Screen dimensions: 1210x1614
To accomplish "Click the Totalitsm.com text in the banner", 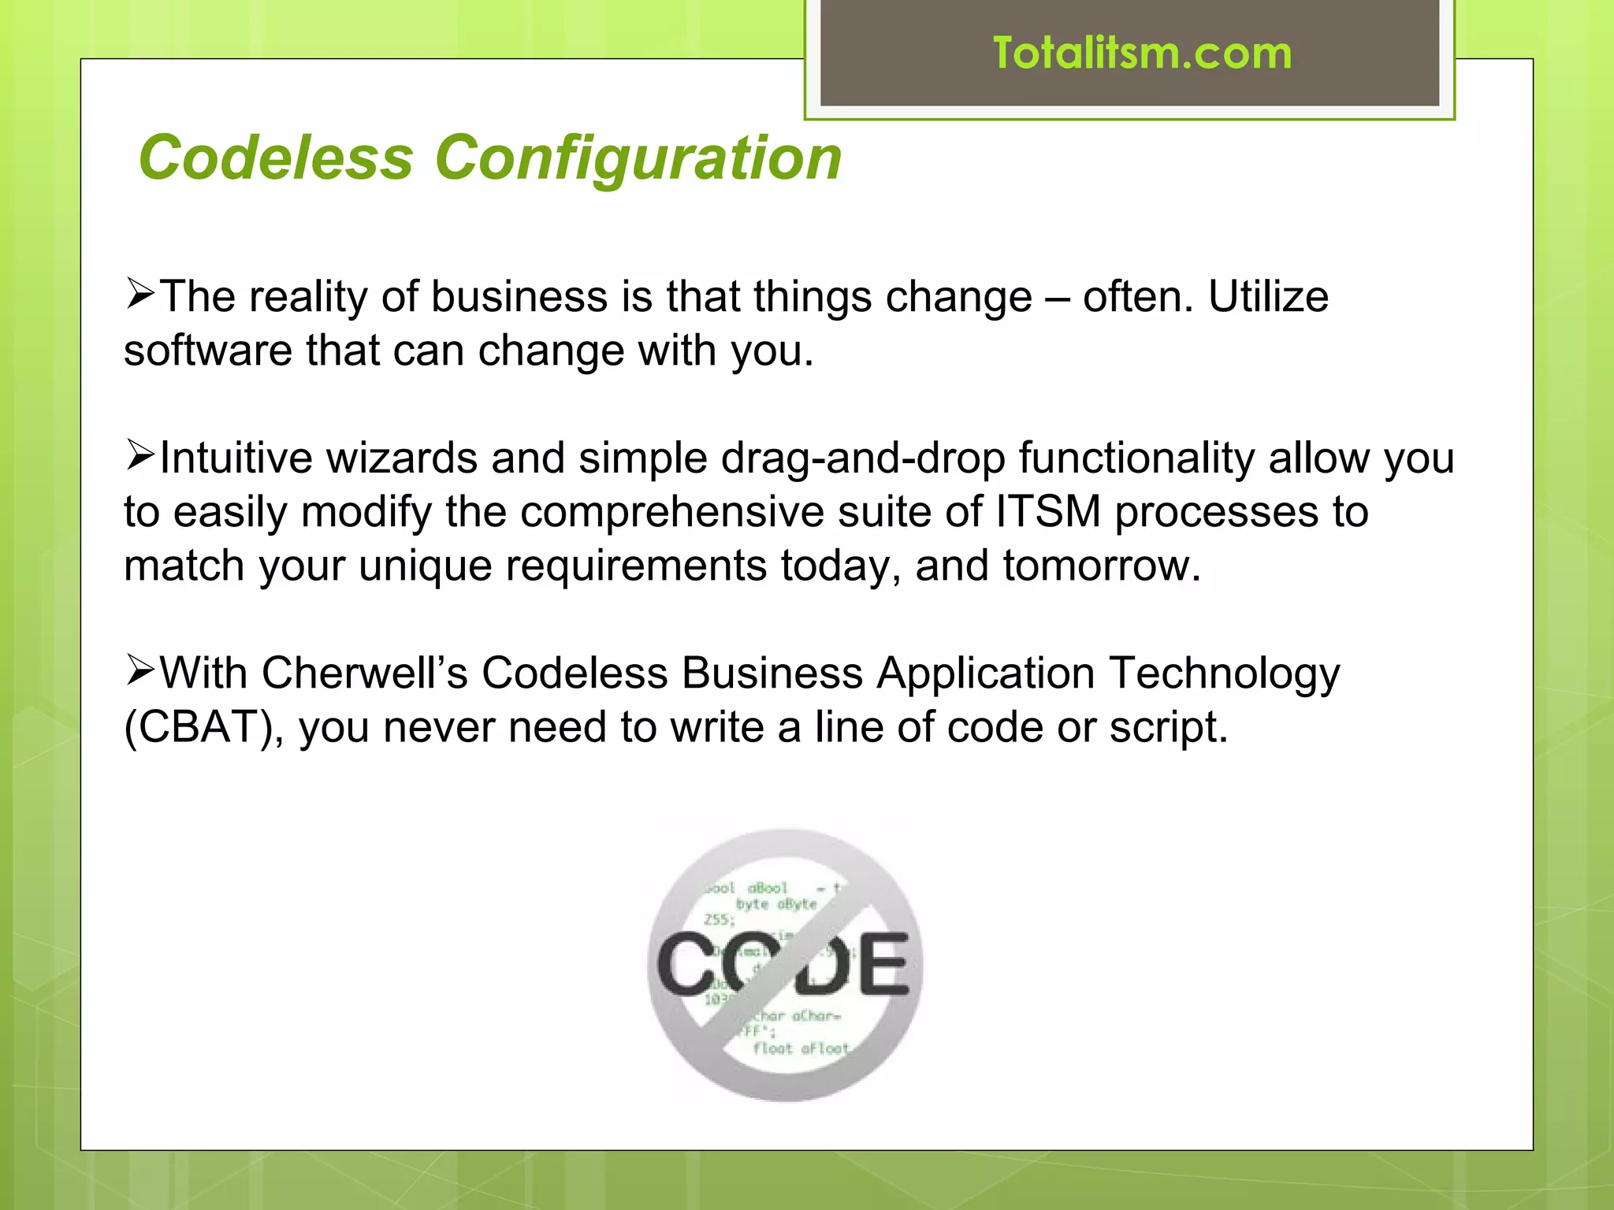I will point(1142,54).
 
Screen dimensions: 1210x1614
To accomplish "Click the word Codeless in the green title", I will point(276,158).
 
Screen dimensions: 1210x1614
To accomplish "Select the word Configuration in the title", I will point(638,159).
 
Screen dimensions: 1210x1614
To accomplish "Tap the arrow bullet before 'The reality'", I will point(140,294).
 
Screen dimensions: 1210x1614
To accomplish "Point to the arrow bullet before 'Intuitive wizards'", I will point(140,455).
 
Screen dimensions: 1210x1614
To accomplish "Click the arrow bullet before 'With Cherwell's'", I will point(140,670).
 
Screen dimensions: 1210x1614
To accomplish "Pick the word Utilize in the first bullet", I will point(1268,297).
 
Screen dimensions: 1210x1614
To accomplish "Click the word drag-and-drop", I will point(862,458).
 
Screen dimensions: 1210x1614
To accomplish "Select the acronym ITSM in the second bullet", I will point(1047,512).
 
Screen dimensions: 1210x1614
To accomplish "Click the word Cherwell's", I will point(365,674).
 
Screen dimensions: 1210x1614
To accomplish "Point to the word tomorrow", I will point(1101,566).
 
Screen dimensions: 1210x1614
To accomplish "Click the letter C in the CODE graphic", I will point(690,964).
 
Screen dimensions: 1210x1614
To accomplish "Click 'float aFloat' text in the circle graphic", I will point(801,1049).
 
